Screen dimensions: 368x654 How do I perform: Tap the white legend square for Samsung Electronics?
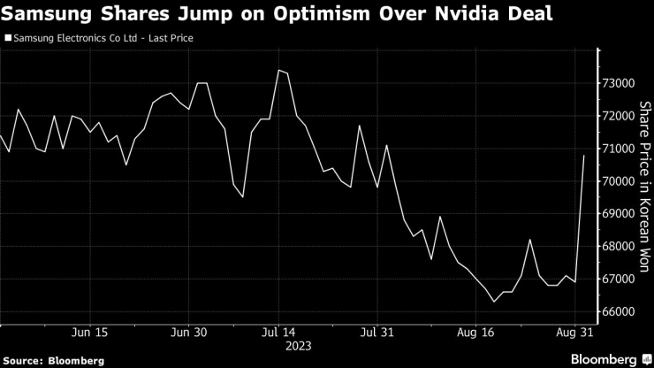tap(8, 38)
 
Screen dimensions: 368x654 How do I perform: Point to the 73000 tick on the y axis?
tap(619, 83)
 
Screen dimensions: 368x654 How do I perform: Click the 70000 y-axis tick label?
tap(619, 181)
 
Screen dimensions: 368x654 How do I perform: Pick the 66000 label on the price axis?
tap(619, 312)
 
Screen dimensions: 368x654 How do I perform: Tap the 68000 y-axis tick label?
tap(619, 247)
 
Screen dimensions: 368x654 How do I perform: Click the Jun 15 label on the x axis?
tap(88, 333)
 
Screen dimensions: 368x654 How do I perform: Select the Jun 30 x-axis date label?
tap(188, 333)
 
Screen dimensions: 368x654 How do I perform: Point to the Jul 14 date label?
tap(278, 333)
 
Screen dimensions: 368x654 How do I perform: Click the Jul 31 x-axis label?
tap(377, 333)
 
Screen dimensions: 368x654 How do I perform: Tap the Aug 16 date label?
tap(477, 333)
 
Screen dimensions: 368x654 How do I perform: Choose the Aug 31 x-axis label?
tap(575, 333)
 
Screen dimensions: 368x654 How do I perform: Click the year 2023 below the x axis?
tap(278, 346)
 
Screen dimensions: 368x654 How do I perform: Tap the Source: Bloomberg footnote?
tap(54, 360)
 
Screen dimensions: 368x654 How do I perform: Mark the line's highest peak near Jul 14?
tap(278, 70)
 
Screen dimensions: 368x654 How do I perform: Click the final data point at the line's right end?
tap(584, 156)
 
